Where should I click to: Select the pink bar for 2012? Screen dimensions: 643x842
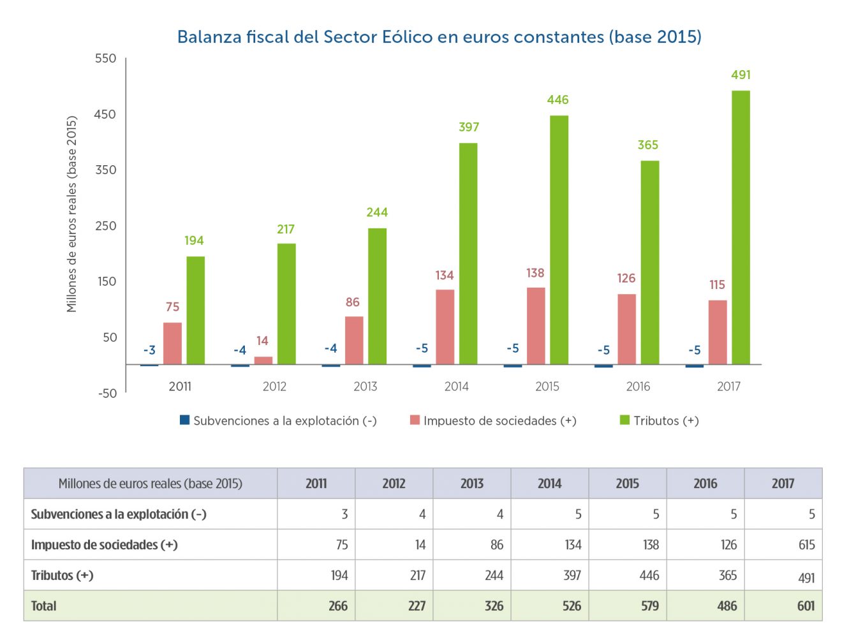coord(263,360)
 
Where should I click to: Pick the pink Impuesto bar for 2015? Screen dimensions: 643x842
coord(536,326)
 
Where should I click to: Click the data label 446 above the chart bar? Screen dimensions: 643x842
coord(558,100)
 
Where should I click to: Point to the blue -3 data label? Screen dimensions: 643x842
coord(149,350)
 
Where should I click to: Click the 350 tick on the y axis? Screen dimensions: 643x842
coord(106,170)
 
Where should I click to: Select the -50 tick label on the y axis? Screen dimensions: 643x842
coord(107,394)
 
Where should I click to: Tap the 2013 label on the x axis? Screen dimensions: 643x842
coord(366,387)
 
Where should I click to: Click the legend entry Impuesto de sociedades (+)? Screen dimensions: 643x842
coord(499,421)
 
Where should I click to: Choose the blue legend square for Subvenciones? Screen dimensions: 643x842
coord(185,420)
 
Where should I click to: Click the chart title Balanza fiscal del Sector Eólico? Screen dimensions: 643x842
coord(439,37)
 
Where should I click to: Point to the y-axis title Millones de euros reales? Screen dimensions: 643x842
coord(71,214)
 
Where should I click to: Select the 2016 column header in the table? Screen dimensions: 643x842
coord(705,484)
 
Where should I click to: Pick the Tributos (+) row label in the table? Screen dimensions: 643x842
coord(63,575)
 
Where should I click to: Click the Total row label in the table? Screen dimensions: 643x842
coord(44,606)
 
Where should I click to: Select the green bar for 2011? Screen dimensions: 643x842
coord(195,311)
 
